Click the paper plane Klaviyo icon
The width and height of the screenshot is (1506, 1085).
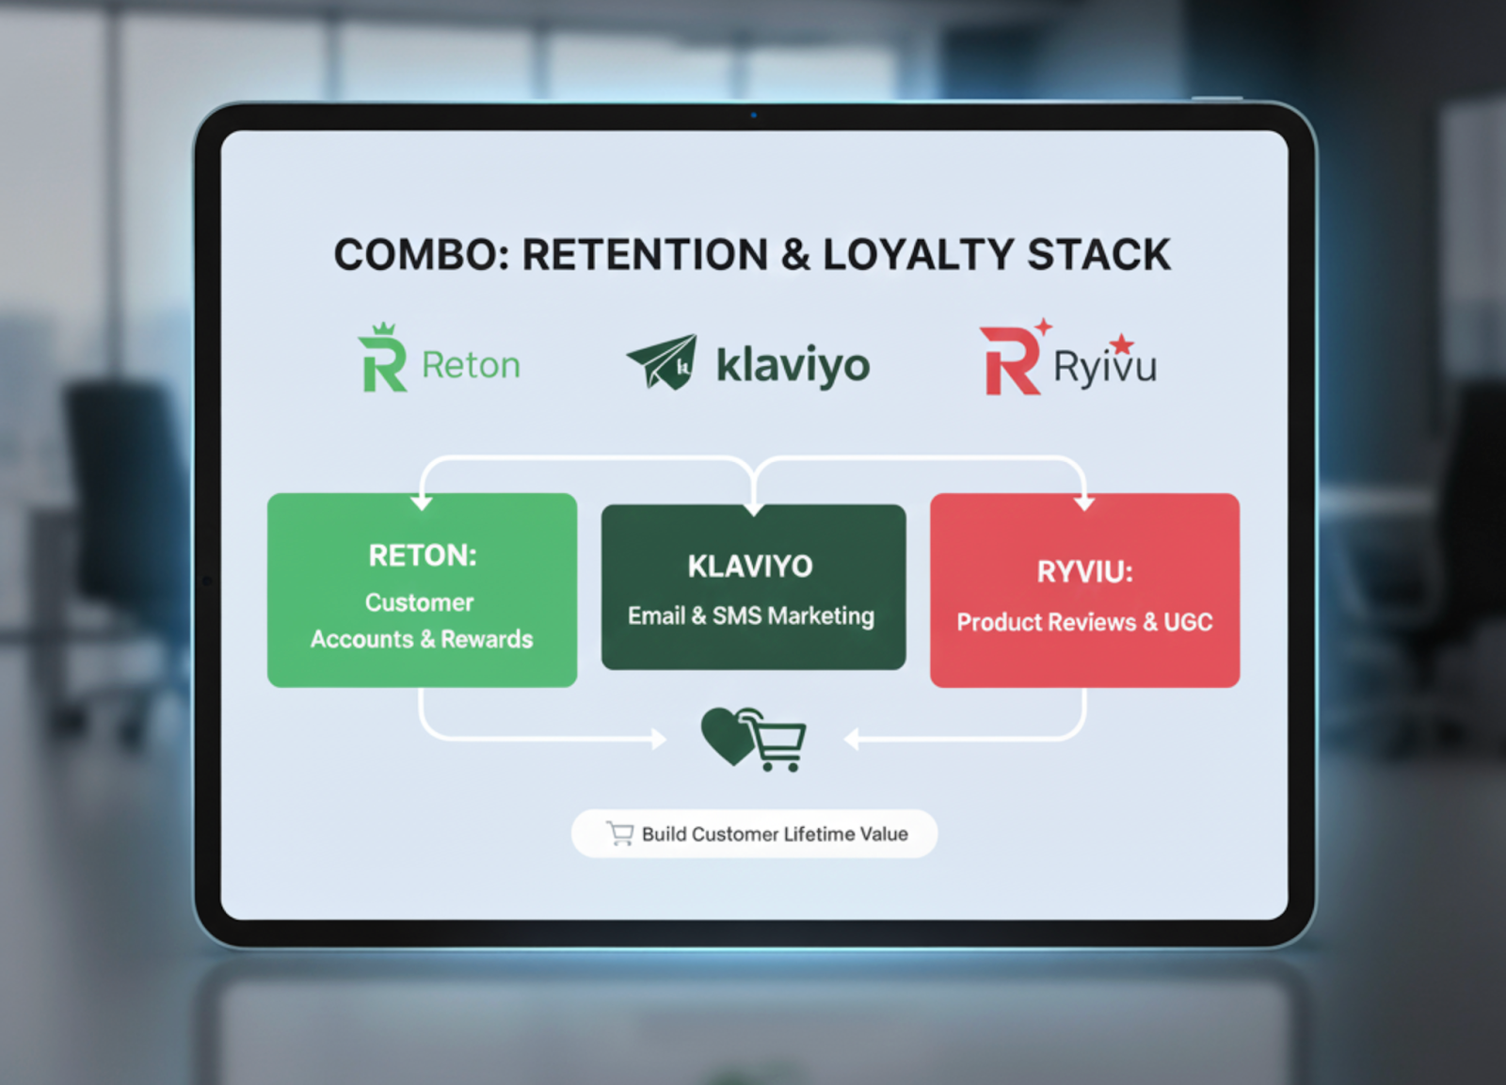tap(663, 361)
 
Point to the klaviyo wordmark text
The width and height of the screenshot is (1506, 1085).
tap(793, 365)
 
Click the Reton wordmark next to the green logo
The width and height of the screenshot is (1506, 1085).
tap(471, 365)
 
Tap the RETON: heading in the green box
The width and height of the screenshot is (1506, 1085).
tap(423, 555)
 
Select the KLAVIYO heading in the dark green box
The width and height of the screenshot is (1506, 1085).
tap(750, 566)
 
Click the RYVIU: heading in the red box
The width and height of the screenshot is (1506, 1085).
tap(1084, 571)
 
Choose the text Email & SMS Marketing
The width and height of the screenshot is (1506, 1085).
tap(751, 616)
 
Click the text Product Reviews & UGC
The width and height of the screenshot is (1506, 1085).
tap(1084, 622)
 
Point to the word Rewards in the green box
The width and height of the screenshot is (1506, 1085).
tap(487, 640)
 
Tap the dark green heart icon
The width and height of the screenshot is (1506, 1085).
tap(727, 735)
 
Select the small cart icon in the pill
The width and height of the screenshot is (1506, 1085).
tap(620, 833)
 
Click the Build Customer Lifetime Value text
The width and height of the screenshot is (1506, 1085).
tap(775, 834)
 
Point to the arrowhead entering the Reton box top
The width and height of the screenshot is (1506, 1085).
tap(422, 503)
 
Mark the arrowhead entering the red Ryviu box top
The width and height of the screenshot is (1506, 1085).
tap(1084, 503)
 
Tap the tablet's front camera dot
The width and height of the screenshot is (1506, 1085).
tap(753, 115)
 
